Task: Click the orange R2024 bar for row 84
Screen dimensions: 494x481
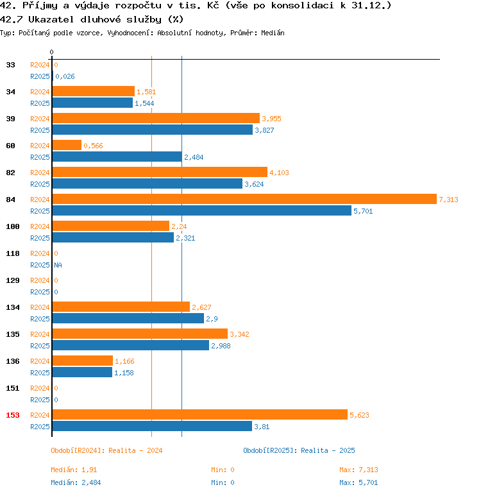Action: [x=244, y=200]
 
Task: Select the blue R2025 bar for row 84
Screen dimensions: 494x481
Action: [x=201, y=211]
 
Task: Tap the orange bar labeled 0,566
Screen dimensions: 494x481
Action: [x=67, y=146]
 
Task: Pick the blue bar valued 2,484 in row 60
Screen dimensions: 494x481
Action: [x=117, y=157]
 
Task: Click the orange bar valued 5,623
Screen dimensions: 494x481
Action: [x=199, y=415]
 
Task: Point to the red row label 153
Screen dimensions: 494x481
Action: [x=13, y=415]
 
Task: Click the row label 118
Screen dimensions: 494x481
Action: [x=13, y=253]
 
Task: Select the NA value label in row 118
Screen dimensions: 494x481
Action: [x=58, y=265]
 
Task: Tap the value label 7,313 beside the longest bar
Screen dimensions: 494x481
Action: [x=448, y=200]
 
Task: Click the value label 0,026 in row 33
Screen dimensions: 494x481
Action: [x=65, y=76]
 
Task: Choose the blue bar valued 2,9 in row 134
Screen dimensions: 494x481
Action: [x=128, y=319]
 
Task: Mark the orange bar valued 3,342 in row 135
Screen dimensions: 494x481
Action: [x=140, y=334]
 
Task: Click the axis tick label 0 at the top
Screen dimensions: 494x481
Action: [x=52, y=52]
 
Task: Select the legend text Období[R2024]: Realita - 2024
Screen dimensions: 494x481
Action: [x=106, y=450]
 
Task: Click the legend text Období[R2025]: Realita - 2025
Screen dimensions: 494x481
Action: [x=299, y=450]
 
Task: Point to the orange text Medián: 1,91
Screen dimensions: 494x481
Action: [x=74, y=470]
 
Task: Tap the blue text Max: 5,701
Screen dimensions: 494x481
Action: [x=359, y=482]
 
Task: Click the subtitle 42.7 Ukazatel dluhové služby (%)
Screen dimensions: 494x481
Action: [x=92, y=19]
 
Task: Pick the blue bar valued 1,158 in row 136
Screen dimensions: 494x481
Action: [x=82, y=373]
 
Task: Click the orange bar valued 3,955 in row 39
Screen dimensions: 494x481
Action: [x=156, y=119]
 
